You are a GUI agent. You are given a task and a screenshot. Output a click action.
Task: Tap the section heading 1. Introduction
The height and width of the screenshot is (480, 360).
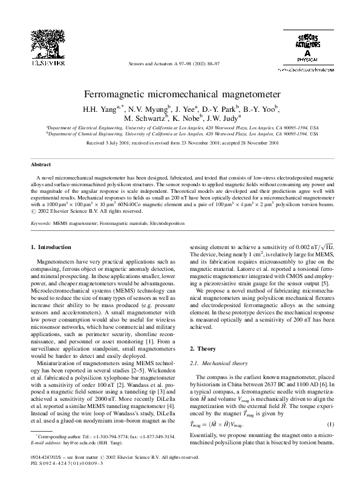(50, 247)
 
